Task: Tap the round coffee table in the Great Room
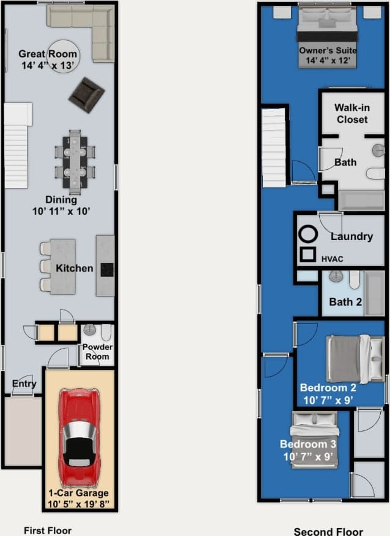coord(63,56)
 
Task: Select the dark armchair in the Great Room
coord(86,94)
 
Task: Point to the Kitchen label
coord(74,268)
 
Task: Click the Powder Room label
coord(97,352)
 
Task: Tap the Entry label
coord(24,384)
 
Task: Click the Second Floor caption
coord(328,531)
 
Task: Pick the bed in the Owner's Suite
coord(327,38)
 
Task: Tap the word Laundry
coord(351,236)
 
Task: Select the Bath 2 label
coord(345,302)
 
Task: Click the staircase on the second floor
coord(274,147)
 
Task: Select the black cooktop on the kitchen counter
coord(108,269)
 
